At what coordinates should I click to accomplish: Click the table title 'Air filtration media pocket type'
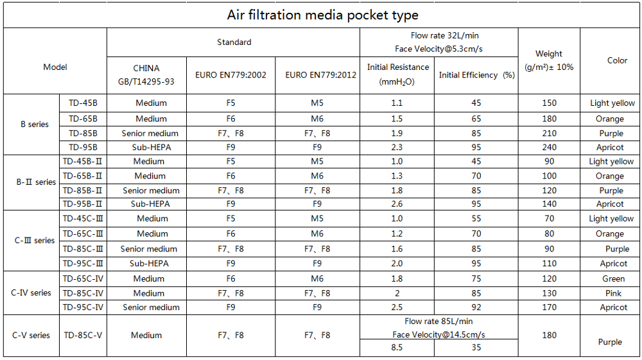(x=322, y=15)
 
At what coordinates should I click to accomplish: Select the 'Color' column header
(x=617, y=60)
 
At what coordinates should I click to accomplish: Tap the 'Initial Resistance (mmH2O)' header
(x=397, y=74)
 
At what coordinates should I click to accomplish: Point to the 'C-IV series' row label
(x=31, y=293)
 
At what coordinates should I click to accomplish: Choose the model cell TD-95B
(x=83, y=147)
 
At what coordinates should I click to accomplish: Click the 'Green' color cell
(x=613, y=279)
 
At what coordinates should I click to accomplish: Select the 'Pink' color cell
(x=613, y=293)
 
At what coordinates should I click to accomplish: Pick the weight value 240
(x=548, y=147)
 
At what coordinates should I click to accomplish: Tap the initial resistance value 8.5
(x=397, y=348)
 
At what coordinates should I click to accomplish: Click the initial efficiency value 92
(x=476, y=307)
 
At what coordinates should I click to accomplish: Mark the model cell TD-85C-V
(x=83, y=335)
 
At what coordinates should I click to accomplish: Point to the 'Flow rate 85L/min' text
(x=438, y=321)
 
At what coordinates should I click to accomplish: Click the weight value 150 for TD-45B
(x=548, y=103)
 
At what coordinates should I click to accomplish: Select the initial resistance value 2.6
(x=397, y=204)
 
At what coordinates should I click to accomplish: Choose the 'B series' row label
(x=35, y=124)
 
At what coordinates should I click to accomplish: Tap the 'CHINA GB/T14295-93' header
(x=146, y=74)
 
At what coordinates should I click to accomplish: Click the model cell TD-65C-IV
(x=83, y=279)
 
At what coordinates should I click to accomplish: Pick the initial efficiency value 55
(x=476, y=219)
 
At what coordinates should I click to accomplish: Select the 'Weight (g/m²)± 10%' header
(x=549, y=60)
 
